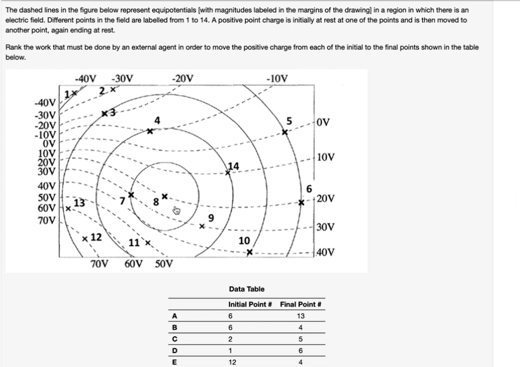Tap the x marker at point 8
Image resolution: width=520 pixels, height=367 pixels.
click(165, 196)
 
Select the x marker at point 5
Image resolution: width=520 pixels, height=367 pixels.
click(285, 132)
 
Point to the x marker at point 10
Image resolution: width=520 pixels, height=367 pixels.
click(250, 252)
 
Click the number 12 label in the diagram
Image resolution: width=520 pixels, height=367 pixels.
click(96, 237)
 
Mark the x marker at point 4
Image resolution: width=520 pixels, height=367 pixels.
click(150, 131)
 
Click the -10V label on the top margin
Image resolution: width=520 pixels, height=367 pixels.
click(277, 78)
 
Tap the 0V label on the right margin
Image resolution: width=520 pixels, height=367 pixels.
click(323, 122)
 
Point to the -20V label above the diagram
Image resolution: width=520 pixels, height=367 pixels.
click(183, 78)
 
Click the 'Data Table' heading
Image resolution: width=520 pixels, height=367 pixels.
click(247, 289)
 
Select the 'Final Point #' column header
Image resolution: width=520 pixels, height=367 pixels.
click(300, 305)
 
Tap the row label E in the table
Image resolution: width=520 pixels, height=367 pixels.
click(174, 362)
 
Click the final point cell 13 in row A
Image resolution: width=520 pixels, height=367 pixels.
click(300, 316)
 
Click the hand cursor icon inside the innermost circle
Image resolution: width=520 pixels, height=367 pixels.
click(177, 211)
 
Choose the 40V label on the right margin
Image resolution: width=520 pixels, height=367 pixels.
click(326, 252)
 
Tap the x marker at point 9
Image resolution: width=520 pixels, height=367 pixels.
click(202, 226)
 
